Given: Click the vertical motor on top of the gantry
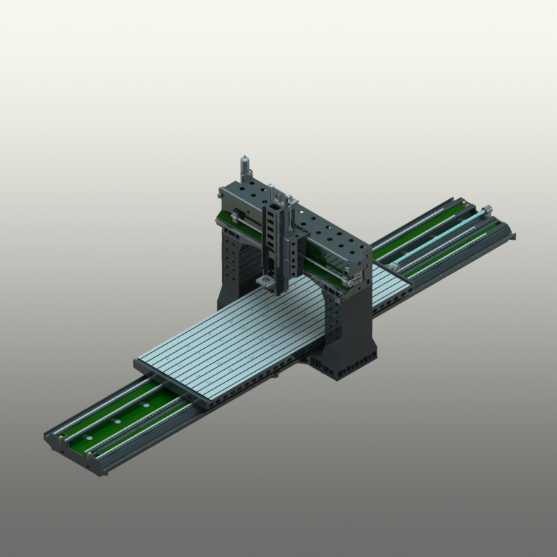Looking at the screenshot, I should coord(244,166).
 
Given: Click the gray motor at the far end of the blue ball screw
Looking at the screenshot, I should coord(487,208).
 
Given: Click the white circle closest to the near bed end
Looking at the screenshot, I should coord(91,434).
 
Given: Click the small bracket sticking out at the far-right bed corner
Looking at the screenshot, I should coord(514,237).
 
